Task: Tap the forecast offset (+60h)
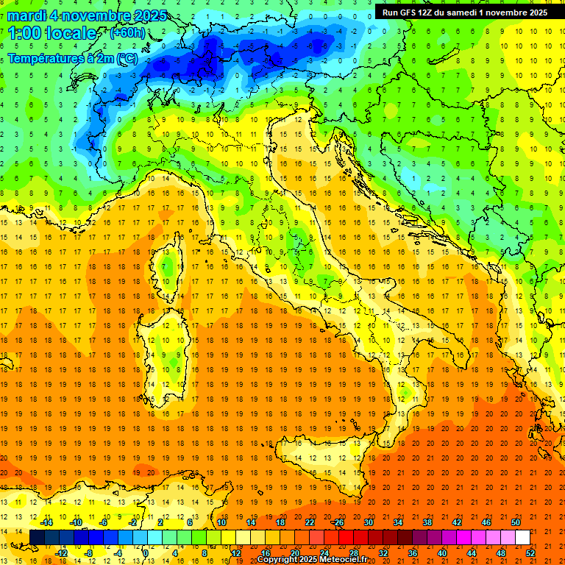coord(127,32)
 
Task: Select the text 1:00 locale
coord(51,33)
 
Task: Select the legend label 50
coord(515,522)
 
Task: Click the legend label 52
coord(530,552)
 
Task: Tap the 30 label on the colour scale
coord(368,522)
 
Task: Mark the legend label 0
coord(146,552)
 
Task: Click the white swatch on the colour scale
coord(522,537)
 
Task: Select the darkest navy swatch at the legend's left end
coord(37,537)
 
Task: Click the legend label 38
coord(427,522)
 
